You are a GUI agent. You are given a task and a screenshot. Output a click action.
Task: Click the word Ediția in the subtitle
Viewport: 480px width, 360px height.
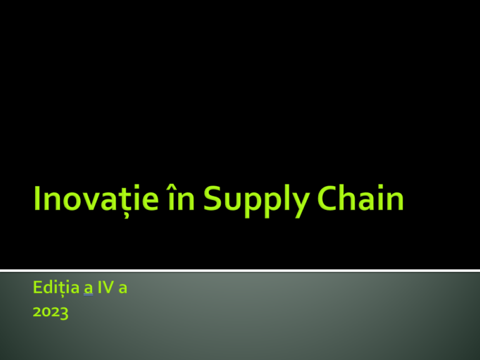52,289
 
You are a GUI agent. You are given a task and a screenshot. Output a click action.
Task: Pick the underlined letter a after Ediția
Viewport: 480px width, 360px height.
89,291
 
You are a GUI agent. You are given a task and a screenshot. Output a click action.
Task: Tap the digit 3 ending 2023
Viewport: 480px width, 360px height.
64,313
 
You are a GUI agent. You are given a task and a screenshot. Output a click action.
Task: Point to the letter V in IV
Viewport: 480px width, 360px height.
109,289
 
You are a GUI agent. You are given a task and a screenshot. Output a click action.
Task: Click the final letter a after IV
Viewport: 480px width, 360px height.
123,291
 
